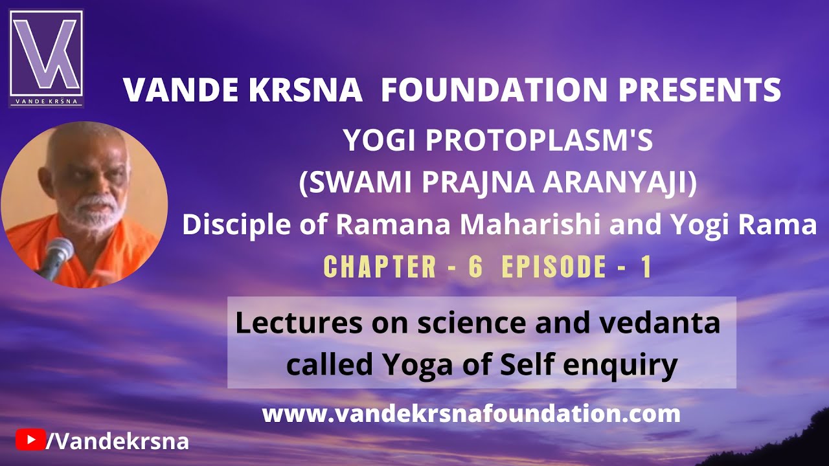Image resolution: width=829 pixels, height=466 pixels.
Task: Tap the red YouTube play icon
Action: (x=30, y=439)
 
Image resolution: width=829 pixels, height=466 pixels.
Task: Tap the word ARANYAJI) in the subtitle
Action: (x=620, y=183)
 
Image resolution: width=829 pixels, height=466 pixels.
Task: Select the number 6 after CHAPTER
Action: (x=476, y=267)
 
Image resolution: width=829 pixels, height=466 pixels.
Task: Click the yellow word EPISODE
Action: (x=554, y=267)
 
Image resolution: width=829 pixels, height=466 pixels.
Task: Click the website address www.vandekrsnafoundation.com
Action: (x=471, y=414)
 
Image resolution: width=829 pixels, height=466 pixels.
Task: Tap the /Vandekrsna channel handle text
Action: (x=117, y=441)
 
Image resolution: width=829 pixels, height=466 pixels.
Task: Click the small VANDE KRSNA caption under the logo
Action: (x=46, y=101)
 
